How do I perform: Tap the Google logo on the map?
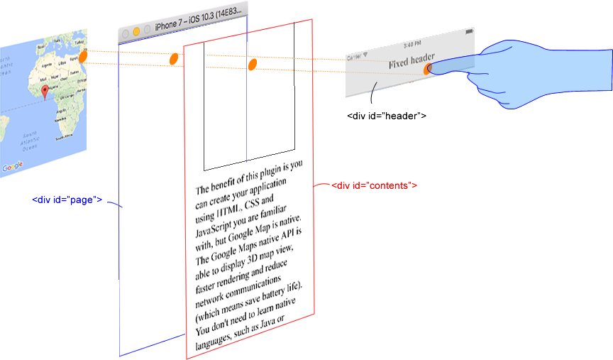click(12, 168)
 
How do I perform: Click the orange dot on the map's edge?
click(83, 56)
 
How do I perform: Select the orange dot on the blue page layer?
click(172, 59)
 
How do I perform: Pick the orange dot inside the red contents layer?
click(251, 65)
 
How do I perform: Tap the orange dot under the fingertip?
click(428, 69)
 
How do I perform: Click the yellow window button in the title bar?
click(136, 32)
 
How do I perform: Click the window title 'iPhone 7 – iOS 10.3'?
click(199, 23)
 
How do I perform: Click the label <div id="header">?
click(386, 115)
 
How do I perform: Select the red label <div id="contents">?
click(374, 185)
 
